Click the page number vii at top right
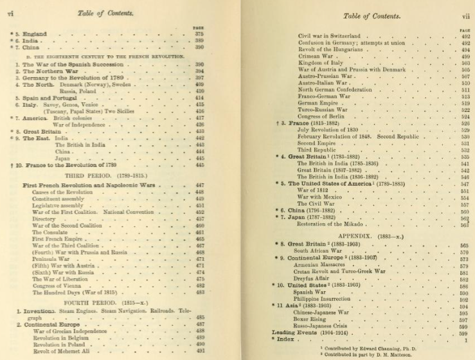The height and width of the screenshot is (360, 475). pyautogui.click(x=465, y=15)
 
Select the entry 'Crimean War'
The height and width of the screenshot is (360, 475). pyautogui.click(x=315, y=56)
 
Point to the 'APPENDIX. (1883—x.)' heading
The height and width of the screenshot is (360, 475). pyautogui.click(x=369, y=235)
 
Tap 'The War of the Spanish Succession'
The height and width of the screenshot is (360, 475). pyautogui.click(x=73, y=65)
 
